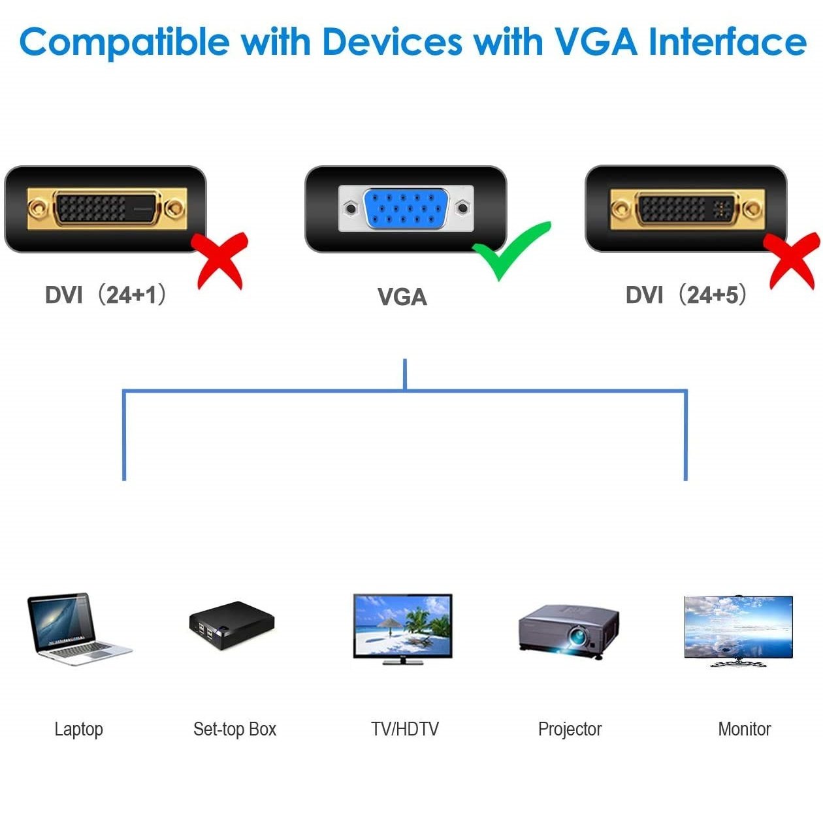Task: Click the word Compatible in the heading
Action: pos(124,42)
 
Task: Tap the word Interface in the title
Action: pos(726,42)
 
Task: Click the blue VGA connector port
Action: pos(406,208)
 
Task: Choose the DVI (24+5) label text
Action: pos(686,295)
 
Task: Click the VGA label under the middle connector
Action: pos(402,297)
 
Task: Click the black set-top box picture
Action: pos(232,625)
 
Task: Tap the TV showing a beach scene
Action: pos(402,627)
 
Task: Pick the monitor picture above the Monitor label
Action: pos(738,628)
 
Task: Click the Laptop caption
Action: pos(78,729)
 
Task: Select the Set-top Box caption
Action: pos(234,729)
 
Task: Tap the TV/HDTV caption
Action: pos(405,729)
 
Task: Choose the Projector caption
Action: pos(570,729)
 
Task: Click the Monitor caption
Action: pos(744,729)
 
